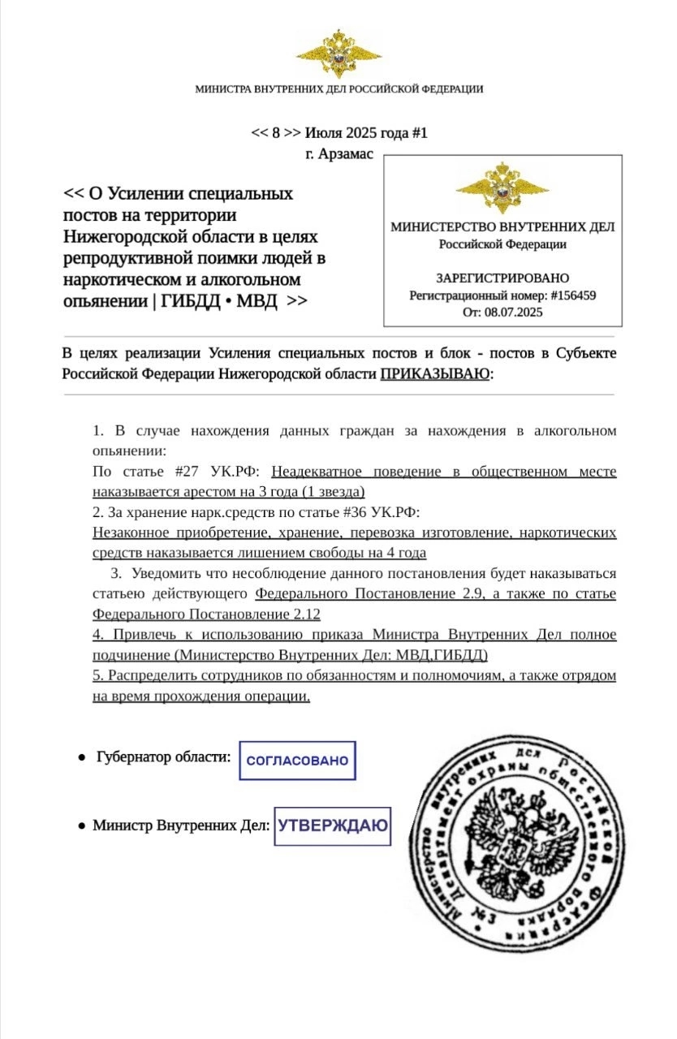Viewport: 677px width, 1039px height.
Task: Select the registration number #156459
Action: (573, 295)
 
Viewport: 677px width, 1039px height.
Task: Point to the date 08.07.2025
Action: (514, 312)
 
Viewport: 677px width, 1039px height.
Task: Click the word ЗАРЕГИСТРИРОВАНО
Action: (502, 278)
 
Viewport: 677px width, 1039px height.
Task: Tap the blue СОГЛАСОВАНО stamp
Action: (297, 761)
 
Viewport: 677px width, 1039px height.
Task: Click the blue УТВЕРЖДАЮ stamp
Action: (332, 826)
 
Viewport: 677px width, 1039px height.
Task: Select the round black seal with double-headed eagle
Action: (516, 840)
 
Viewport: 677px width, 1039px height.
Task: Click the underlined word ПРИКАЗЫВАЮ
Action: (435, 373)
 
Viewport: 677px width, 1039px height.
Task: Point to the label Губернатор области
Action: (163, 757)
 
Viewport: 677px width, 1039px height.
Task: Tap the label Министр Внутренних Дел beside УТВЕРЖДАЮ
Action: (180, 826)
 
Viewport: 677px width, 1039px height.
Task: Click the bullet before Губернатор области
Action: (82, 757)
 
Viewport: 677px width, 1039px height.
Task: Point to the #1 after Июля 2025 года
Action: (419, 133)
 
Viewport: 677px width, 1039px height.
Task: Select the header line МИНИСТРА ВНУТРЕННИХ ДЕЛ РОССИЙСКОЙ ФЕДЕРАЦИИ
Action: (338, 89)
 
